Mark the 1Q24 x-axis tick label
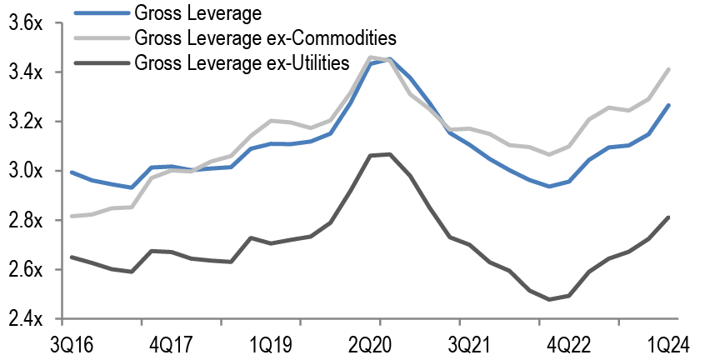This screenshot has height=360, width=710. pyautogui.click(x=668, y=343)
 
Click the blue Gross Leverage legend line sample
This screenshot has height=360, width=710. pyautogui.click(x=99, y=13)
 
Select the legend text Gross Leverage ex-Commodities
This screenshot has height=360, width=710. pyautogui.click(x=264, y=37)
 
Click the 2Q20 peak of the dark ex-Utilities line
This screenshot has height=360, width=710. pyautogui.click(x=388, y=154)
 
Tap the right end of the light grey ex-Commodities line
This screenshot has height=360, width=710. pyautogui.click(x=669, y=70)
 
